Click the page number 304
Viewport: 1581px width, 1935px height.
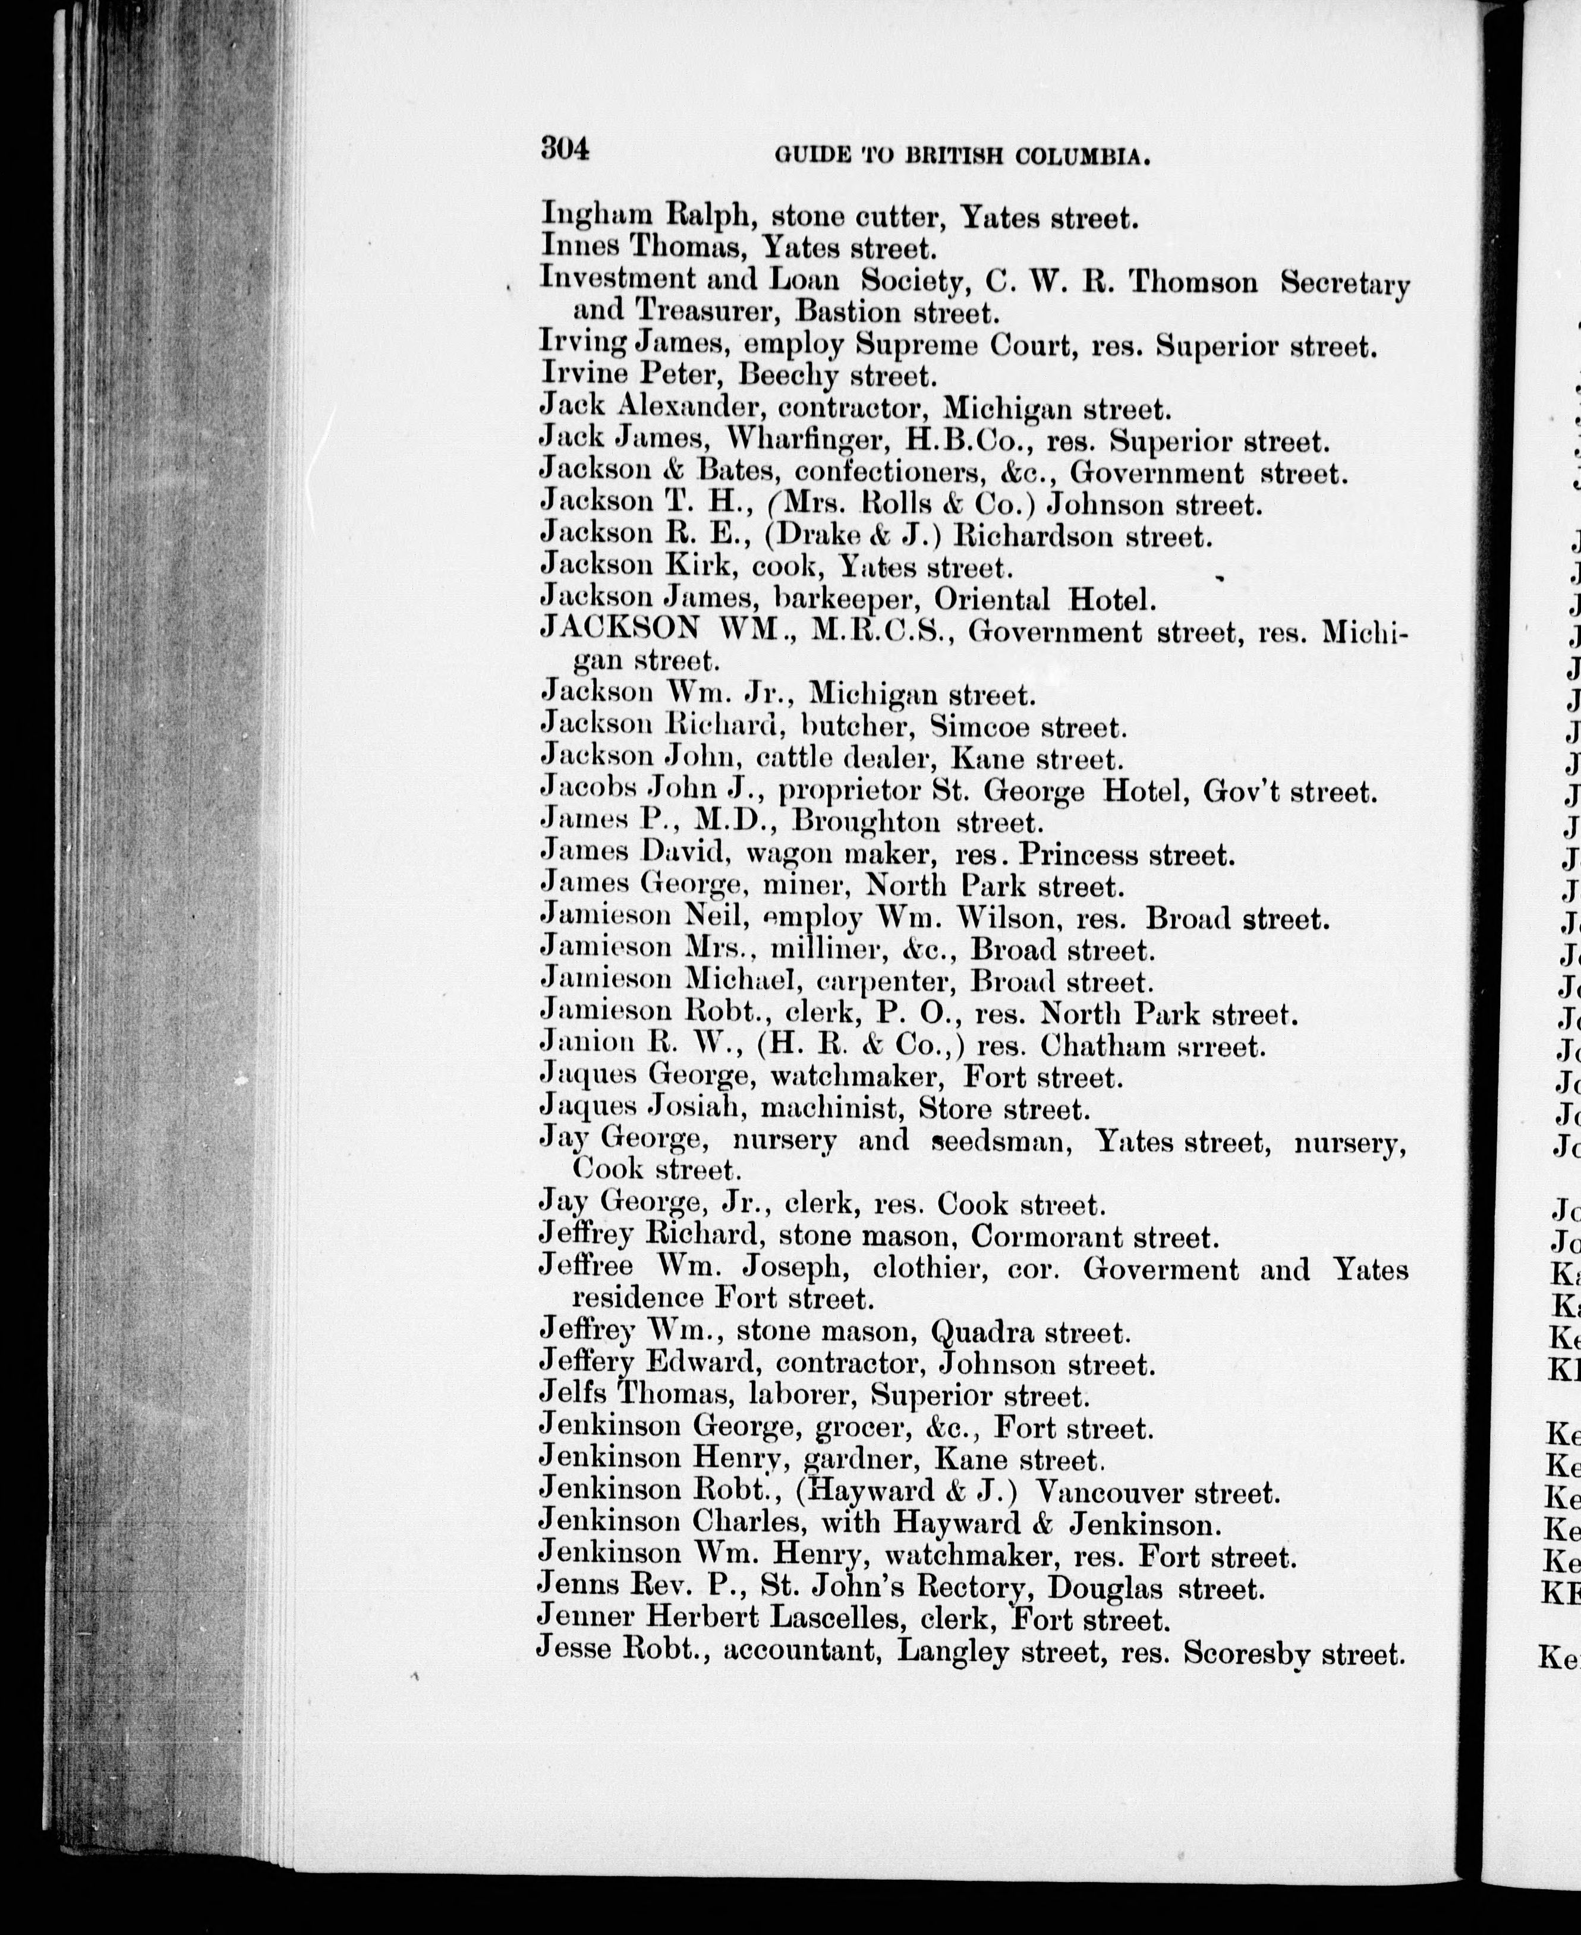pos(565,147)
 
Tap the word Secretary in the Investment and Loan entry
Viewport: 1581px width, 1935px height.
pos(1344,284)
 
